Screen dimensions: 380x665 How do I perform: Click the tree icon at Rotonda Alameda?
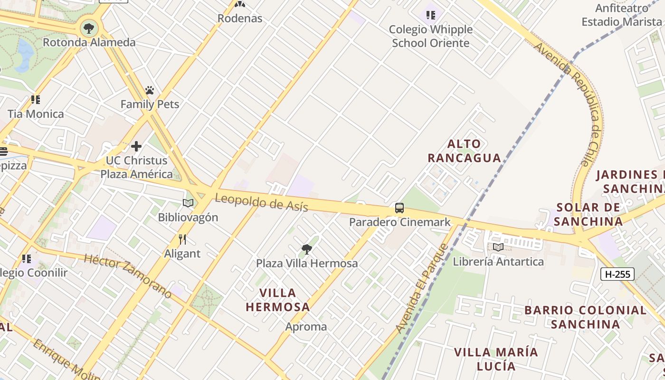click(x=89, y=28)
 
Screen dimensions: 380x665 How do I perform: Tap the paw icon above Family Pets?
click(x=150, y=90)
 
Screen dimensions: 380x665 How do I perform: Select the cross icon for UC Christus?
click(x=136, y=146)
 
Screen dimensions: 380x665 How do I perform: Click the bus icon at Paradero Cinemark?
click(x=399, y=208)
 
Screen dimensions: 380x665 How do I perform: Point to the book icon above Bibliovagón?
click(x=188, y=203)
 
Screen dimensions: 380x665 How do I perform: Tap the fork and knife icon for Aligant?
click(x=182, y=239)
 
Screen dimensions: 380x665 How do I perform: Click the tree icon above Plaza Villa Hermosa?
click(x=307, y=249)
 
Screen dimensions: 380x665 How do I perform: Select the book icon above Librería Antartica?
click(x=498, y=247)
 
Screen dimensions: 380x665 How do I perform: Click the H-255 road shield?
click(x=617, y=274)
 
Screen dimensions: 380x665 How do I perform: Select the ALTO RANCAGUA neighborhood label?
click(x=465, y=151)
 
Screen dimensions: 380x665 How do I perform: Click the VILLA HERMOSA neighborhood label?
click(x=278, y=300)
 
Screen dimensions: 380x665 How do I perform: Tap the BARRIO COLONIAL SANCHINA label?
click(x=585, y=317)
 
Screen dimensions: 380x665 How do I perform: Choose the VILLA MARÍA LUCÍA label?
click(x=496, y=359)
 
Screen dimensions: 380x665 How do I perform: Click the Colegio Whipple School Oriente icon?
click(x=431, y=15)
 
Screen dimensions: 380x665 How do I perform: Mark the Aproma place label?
click(x=306, y=327)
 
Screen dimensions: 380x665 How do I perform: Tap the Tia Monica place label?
click(x=36, y=114)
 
